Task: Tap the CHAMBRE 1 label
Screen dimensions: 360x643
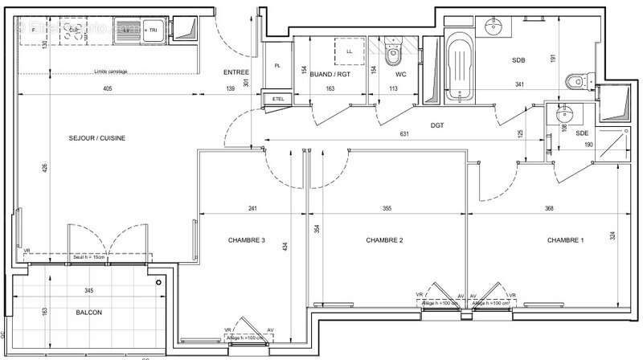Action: pos(566,240)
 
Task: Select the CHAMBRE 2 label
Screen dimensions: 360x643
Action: pos(384,240)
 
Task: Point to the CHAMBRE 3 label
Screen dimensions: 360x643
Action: pos(246,240)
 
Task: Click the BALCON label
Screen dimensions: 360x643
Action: pos(89,313)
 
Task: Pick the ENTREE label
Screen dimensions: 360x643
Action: pos(236,72)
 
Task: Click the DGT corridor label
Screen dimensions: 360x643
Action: pos(436,125)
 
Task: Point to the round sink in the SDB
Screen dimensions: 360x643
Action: pos(495,26)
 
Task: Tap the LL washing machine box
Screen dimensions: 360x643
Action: pos(349,51)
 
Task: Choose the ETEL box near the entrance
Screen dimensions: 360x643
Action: pos(279,99)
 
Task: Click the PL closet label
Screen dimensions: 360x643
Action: pos(277,66)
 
